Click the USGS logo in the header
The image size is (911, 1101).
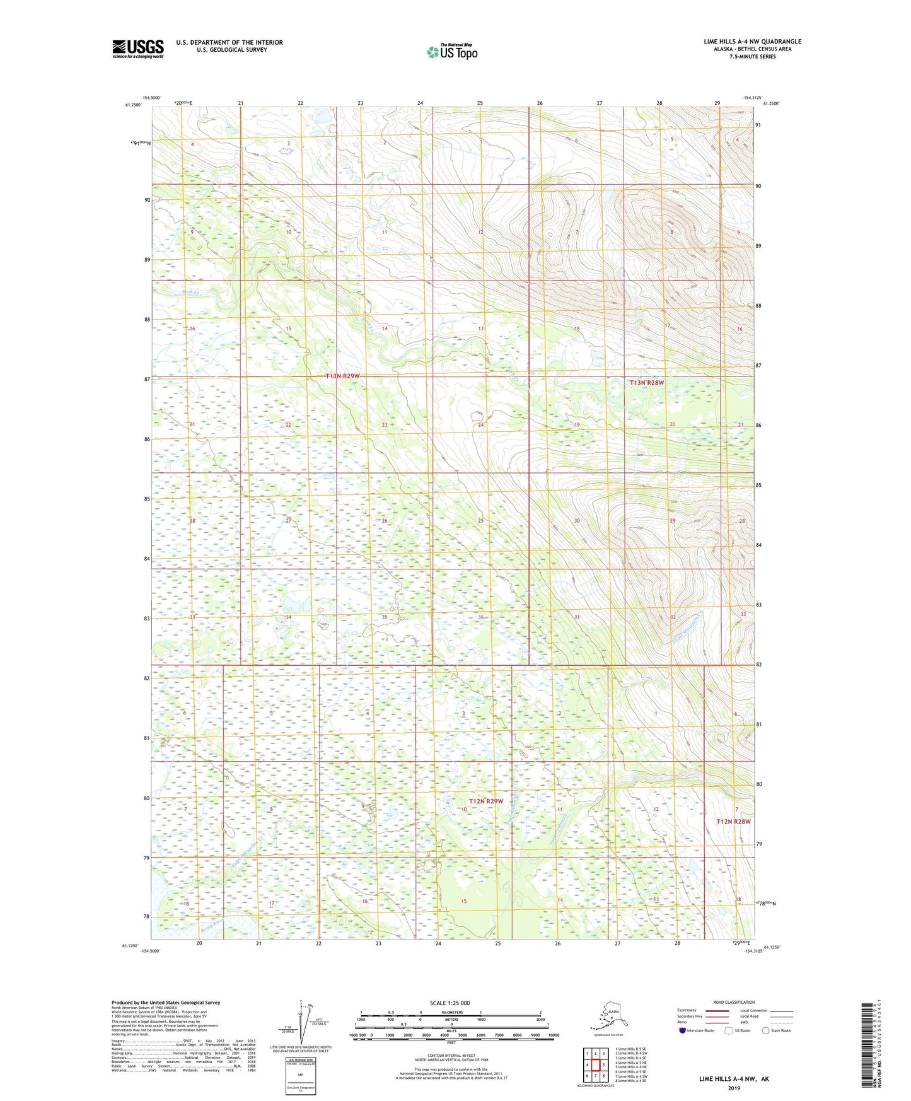click(138, 48)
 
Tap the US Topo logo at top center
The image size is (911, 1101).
click(451, 51)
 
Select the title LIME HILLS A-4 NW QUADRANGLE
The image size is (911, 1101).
click(752, 42)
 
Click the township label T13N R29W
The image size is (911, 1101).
click(342, 376)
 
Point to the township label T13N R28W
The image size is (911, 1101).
click(647, 382)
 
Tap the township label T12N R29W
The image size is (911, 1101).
click(486, 801)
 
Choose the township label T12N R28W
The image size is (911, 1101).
click(733, 822)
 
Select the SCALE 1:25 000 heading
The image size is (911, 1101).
click(450, 1003)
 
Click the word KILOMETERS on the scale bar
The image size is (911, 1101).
click(450, 1013)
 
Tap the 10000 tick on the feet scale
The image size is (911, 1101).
click(553, 1035)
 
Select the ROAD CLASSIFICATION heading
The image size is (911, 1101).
click(734, 1002)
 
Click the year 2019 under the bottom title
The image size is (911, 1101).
click(733, 1088)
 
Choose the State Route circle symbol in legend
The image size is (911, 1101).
click(766, 1030)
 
